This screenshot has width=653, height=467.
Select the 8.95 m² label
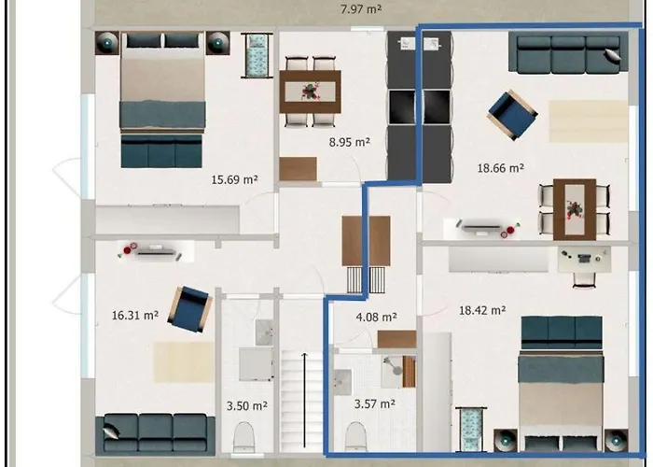(x=349, y=143)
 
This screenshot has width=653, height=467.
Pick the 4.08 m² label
(x=376, y=318)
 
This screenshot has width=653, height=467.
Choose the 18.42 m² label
(x=481, y=311)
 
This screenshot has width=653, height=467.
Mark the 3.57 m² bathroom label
(x=373, y=403)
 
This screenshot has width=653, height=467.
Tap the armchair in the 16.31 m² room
(x=189, y=308)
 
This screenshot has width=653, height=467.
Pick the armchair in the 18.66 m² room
(x=511, y=114)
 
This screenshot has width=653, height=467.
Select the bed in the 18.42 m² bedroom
(x=562, y=388)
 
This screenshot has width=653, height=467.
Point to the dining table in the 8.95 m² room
(x=311, y=92)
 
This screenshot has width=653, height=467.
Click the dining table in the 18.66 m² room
(x=574, y=208)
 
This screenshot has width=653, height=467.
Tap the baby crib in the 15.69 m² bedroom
(x=255, y=56)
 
